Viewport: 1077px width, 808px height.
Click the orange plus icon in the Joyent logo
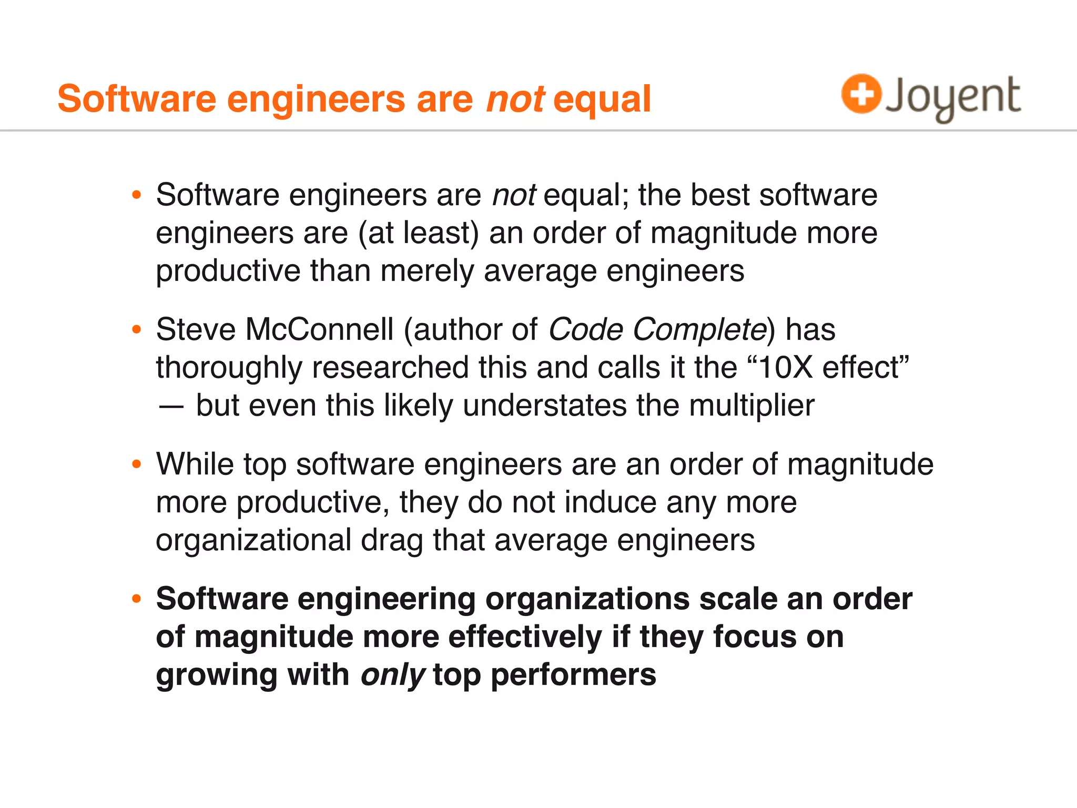(861, 94)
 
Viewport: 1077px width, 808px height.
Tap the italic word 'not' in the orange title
(515, 99)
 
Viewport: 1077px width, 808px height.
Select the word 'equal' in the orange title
(602, 99)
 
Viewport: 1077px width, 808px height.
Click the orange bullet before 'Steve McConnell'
(137, 330)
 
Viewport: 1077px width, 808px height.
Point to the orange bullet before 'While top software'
(137, 464)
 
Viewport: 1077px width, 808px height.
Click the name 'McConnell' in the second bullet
(319, 330)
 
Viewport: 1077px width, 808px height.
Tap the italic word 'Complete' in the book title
(700, 330)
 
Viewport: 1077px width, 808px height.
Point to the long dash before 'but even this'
(171, 406)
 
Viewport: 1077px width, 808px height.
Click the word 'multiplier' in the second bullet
(751, 406)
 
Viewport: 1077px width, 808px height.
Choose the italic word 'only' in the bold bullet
(392, 675)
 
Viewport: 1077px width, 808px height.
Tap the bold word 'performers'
(573, 675)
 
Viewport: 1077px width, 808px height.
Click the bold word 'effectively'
(525, 637)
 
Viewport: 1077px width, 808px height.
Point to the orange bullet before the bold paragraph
(137, 599)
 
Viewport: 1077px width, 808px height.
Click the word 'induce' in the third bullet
(611, 502)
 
